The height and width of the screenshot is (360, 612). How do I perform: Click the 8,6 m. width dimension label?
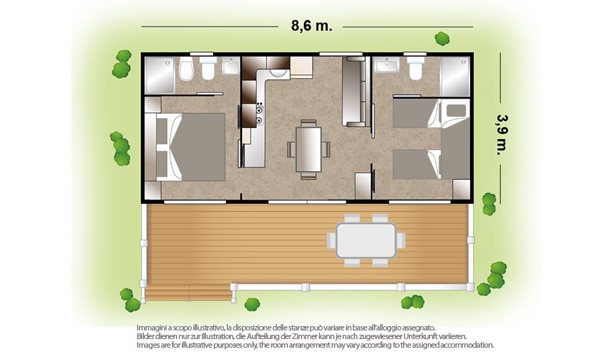tap(312, 26)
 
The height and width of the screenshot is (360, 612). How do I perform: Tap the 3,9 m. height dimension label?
tap(503, 135)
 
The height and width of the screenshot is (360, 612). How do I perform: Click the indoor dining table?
tap(308, 150)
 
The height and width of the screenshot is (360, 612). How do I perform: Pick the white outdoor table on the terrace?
tap(366, 240)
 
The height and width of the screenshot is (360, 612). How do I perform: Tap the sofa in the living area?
tap(355, 91)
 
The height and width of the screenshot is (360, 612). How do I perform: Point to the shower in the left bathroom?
tap(159, 76)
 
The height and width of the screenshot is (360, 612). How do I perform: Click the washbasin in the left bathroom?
tap(231, 66)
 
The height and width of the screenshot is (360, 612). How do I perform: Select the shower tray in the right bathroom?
tap(455, 76)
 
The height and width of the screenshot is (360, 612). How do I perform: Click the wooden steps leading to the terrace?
tap(188, 293)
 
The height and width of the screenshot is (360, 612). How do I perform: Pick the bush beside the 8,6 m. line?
tap(442, 39)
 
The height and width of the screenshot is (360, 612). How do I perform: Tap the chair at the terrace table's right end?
tap(401, 240)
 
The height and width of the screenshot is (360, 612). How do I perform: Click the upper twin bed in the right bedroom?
tap(417, 113)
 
